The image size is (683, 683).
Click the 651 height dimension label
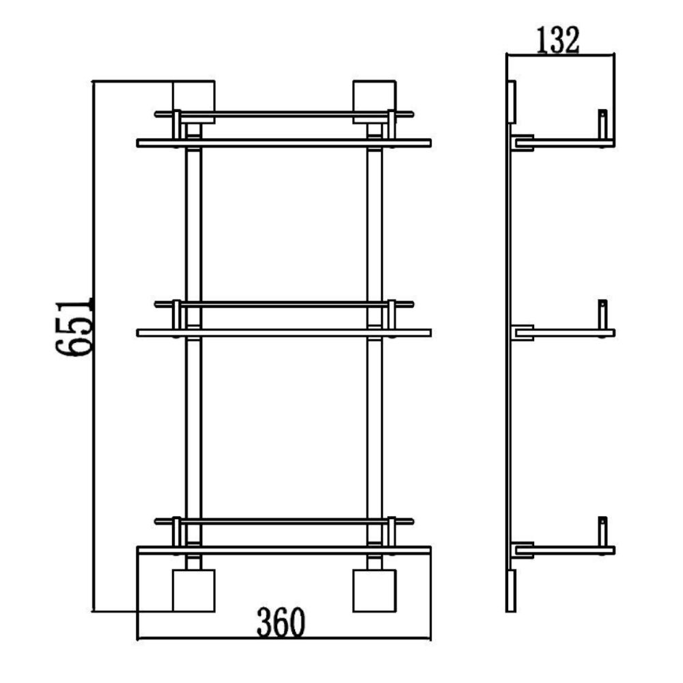(74, 328)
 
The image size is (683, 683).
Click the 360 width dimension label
(281, 622)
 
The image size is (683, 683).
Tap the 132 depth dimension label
(557, 40)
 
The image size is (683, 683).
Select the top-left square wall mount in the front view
(194, 102)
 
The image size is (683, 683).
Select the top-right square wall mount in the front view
(374, 102)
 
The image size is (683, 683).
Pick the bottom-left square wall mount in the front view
(194, 590)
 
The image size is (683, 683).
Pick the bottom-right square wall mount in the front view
(374, 590)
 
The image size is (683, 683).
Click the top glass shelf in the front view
(284, 143)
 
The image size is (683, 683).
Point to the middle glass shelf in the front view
(284, 333)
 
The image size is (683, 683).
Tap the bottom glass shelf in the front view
(284, 550)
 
